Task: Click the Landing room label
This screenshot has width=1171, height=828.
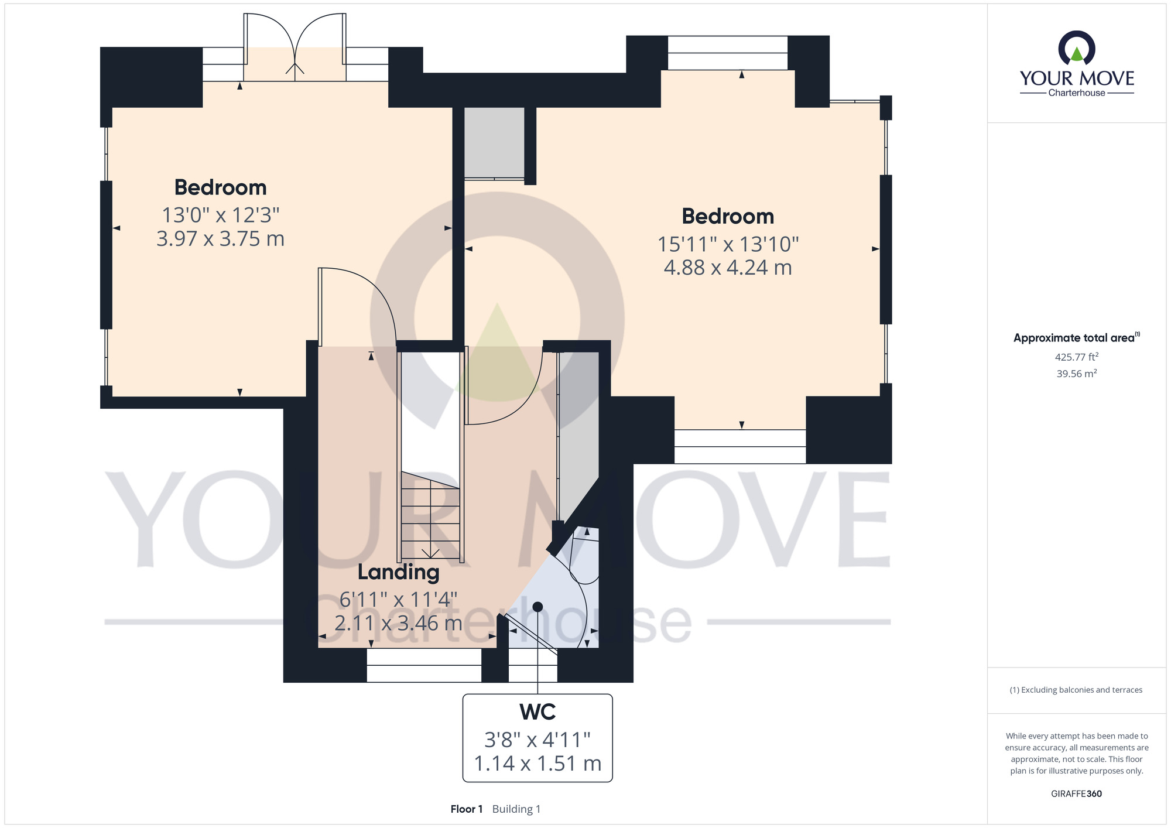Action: coord(399,572)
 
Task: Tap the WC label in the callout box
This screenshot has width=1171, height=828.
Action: coord(537,712)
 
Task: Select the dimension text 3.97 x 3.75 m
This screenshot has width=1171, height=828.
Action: coord(221,239)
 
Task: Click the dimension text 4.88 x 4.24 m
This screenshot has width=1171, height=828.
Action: coord(728,268)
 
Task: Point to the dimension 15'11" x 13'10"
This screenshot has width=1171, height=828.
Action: coord(728,244)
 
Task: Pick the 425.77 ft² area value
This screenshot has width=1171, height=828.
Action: coord(1077,357)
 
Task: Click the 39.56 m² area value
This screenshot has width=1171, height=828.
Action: coord(1077,374)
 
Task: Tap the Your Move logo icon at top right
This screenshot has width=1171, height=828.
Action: coord(1077,48)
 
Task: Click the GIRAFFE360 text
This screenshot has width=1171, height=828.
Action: coord(1077,794)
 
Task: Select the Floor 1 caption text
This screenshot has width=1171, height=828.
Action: coord(467,809)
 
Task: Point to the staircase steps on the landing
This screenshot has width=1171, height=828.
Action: coord(430,515)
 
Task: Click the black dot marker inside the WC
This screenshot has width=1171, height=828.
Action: coord(537,607)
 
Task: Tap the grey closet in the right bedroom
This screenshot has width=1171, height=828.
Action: coord(494,143)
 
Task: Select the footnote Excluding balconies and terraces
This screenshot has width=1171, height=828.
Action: coord(1076,690)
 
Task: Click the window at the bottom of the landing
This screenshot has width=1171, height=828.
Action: coord(424,665)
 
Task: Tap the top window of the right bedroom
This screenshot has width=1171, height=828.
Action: coord(728,53)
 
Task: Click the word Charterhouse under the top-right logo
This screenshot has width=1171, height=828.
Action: coord(1077,93)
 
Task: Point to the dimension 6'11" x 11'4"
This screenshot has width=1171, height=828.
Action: coord(399,600)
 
